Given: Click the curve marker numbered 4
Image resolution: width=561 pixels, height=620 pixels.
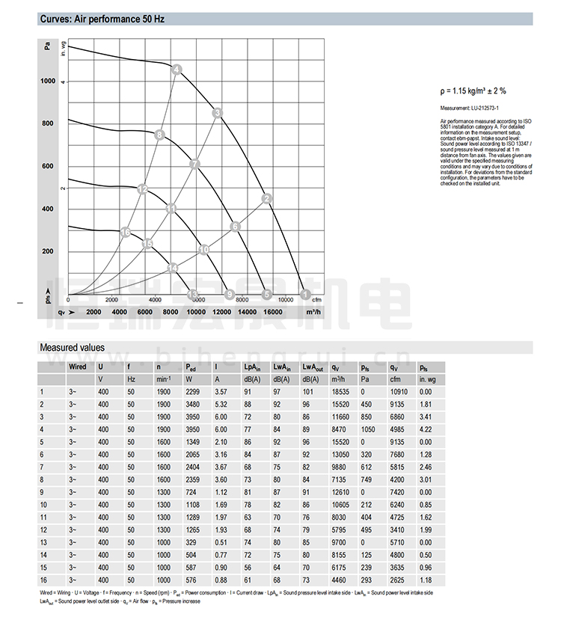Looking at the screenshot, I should [x=177, y=70].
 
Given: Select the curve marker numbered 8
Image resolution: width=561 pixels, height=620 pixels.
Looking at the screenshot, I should [x=159, y=135].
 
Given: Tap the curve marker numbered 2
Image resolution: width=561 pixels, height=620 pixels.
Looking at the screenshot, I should [x=267, y=198].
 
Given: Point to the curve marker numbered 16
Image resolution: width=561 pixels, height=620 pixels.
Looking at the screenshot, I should [x=125, y=232].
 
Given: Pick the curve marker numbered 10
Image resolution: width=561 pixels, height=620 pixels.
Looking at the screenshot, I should [x=204, y=249].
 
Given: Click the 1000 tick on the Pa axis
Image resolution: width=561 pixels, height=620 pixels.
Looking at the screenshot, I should [x=49, y=81].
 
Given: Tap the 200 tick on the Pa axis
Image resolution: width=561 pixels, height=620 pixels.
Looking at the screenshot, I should [x=49, y=251].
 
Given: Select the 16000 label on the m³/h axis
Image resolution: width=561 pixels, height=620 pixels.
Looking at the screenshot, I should [x=272, y=311].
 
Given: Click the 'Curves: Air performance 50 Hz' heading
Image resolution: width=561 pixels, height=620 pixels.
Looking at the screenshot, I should [x=101, y=19].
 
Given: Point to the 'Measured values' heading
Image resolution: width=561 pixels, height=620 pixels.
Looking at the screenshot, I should [x=72, y=347].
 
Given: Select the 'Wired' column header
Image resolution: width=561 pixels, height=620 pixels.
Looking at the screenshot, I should [x=77, y=366].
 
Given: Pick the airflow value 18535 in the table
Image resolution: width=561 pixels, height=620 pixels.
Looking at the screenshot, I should [x=341, y=391].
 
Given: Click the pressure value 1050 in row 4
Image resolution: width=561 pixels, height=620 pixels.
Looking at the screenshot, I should [x=368, y=429].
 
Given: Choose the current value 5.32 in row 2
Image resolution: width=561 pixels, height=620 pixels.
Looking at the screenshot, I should [x=221, y=404].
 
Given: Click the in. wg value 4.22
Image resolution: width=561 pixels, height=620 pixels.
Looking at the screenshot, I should [x=426, y=429].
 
